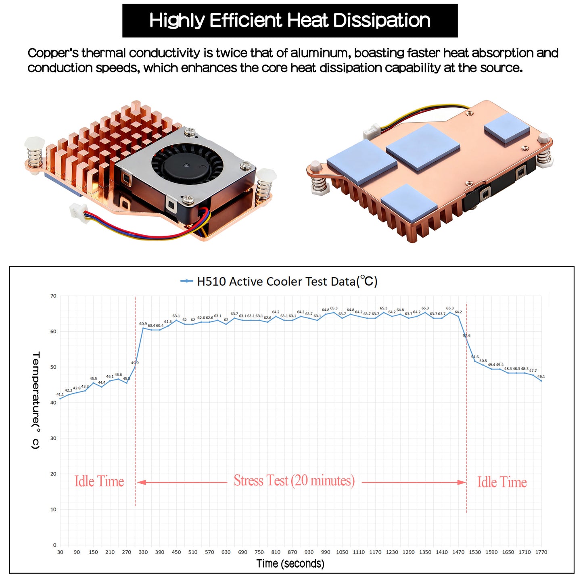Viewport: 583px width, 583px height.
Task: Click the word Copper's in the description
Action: pyautogui.click(x=53, y=53)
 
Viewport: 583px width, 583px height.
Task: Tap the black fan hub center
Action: pyautogui.click(x=187, y=165)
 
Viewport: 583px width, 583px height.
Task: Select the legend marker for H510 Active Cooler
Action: pyautogui.click(x=186, y=281)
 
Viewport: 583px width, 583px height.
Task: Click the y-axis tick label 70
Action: pyautogui.click(x=53, y=296)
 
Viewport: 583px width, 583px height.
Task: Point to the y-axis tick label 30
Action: pyautogui.click(x=53, y=438)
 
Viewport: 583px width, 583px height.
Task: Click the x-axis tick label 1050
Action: pyautogui.click(x=342, y=552)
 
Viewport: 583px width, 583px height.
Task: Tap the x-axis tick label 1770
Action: pyautogui.click(x=541, y=552)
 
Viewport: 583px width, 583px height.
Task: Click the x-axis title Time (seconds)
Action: pyautogui.click(x=290, y=564)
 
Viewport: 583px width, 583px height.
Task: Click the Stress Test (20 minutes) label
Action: pyautogui.click(x=294, y=481)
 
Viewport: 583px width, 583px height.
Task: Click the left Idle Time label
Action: pyautogui.click(x=99, y=481)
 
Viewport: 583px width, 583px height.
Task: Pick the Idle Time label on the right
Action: pyautogui.click(x=502, y=482)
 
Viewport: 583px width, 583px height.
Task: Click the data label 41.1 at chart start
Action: pyautogui.click(x=60, y=394)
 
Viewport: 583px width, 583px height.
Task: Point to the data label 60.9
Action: pyautogui.click(x=143, y=324)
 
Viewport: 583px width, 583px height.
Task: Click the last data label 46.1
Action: pyautogui.click(x=541, y=376)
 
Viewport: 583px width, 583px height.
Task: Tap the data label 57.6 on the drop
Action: pyautogui.click(x=467, y=336)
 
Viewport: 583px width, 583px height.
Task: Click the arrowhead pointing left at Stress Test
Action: pyautogui.click(x=141, y=482)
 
